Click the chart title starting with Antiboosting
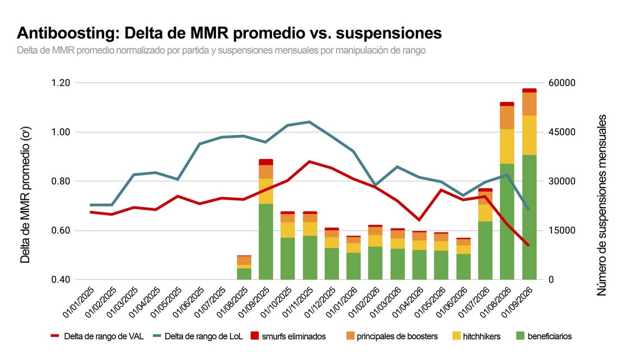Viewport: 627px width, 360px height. coord(229,33)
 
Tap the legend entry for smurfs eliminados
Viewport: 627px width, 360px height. coord(288,336)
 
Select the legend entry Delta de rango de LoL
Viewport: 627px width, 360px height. coord(198,336)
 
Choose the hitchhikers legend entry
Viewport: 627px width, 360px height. coord(476,336)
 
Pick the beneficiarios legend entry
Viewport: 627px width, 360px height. coord(544,336)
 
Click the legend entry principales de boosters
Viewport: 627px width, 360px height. coord(392,336)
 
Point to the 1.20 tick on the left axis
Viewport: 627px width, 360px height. coord(61,83)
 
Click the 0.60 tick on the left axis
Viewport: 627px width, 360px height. coord(61,231)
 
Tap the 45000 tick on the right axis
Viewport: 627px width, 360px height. coord(562,132)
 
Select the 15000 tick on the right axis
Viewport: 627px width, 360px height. coord(562,231)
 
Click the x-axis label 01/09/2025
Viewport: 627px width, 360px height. coord(254,302)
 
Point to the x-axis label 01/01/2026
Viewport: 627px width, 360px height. coord(342,302)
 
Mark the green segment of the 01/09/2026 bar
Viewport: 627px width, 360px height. coord(530,217)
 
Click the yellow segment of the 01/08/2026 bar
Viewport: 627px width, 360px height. coord(507,146)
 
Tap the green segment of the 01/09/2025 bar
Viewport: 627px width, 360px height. coord(266,242)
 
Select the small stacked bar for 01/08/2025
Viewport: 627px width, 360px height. coord(244,267)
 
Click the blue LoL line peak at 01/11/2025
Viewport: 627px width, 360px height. coord(310,121)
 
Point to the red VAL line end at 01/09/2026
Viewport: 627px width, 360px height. coord(528,245)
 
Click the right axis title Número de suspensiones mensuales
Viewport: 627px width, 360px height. coord(602,205)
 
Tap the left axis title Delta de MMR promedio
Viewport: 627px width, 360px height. coord(25,195)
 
